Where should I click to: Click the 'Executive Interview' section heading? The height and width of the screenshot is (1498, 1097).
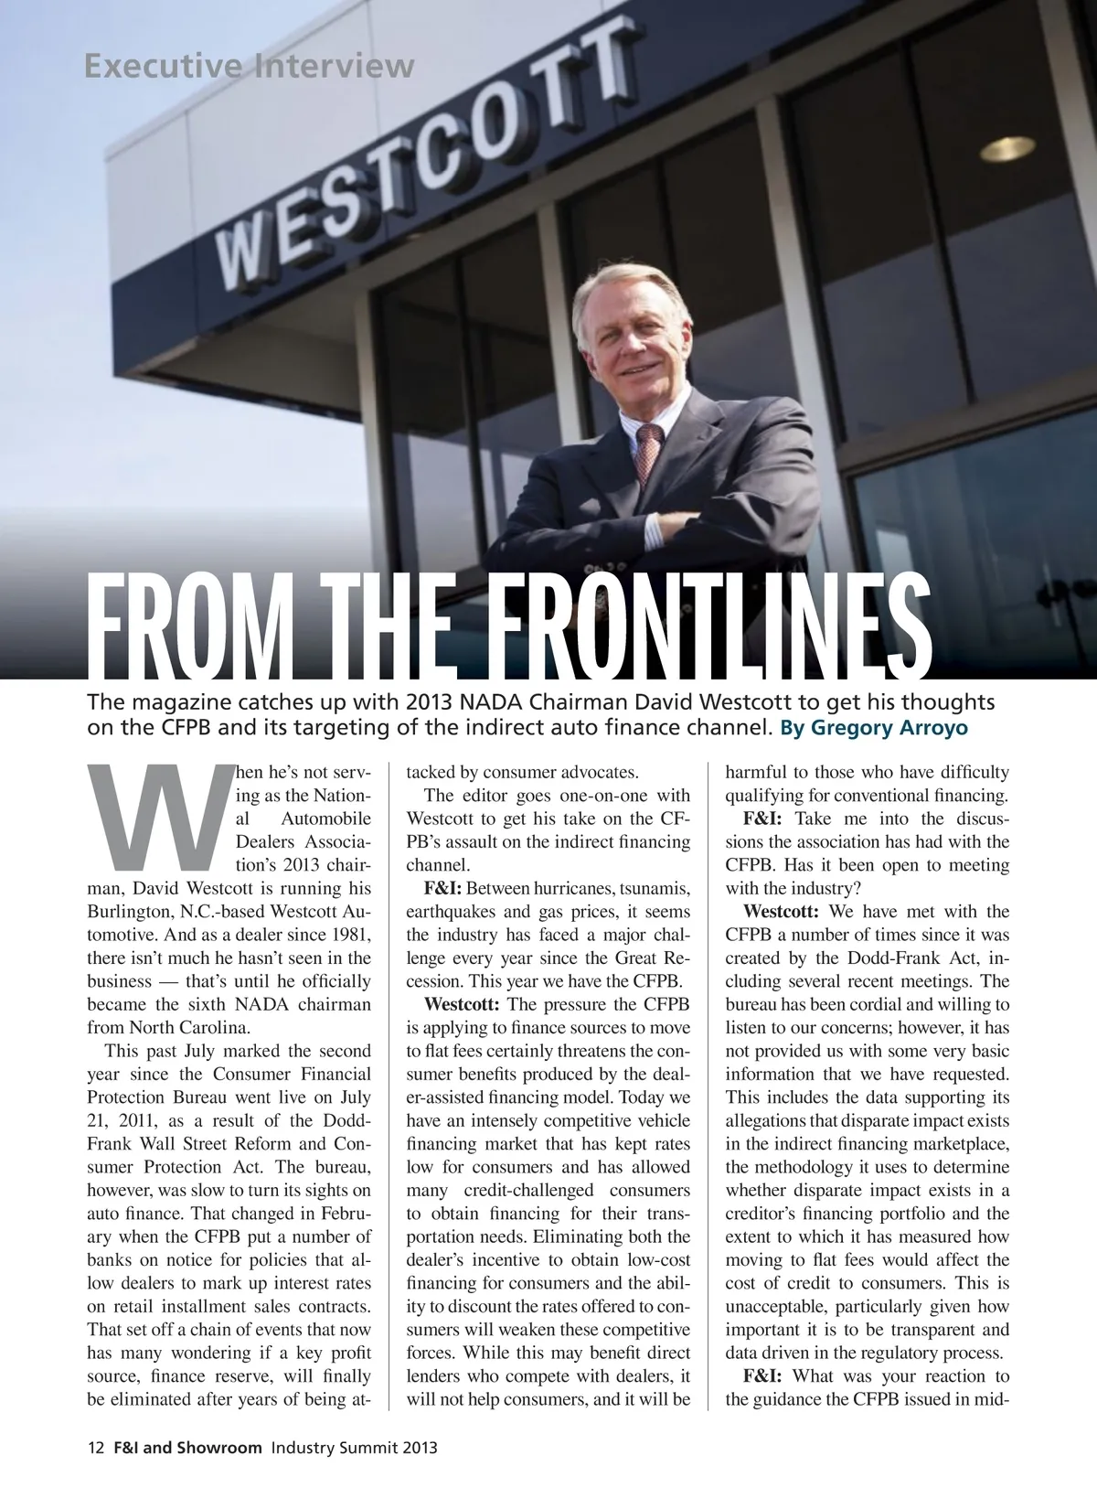tap(249, 66)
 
